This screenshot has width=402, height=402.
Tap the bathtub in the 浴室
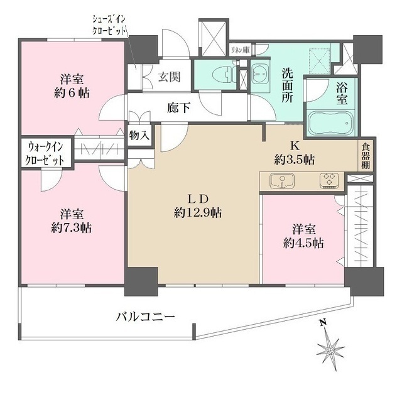(331, 123)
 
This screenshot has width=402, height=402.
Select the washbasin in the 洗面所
(259, 73)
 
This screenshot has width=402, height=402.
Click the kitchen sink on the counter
(282, 181)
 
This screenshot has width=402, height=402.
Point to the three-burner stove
(329, 181)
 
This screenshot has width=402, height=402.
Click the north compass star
(331, 350)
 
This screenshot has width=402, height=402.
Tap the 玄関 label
(169, 77)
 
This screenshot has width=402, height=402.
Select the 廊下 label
(178, 109)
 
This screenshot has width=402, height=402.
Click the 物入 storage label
(139, 136)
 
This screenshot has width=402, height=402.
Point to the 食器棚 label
(366, 156)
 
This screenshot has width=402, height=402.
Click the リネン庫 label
(239, 50)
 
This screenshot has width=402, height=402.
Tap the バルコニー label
(145, 317)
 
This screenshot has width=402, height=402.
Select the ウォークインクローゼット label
(46, 153)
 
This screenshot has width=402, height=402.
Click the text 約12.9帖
(198, 213)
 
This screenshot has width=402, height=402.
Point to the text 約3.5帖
(295, 160)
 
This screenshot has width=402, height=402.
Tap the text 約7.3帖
(71, 227)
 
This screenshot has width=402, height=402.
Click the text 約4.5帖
(303, 243)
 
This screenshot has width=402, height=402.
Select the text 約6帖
(72, 94)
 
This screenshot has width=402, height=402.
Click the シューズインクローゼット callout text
(110, 26)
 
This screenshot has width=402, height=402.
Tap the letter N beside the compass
(323, 322)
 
